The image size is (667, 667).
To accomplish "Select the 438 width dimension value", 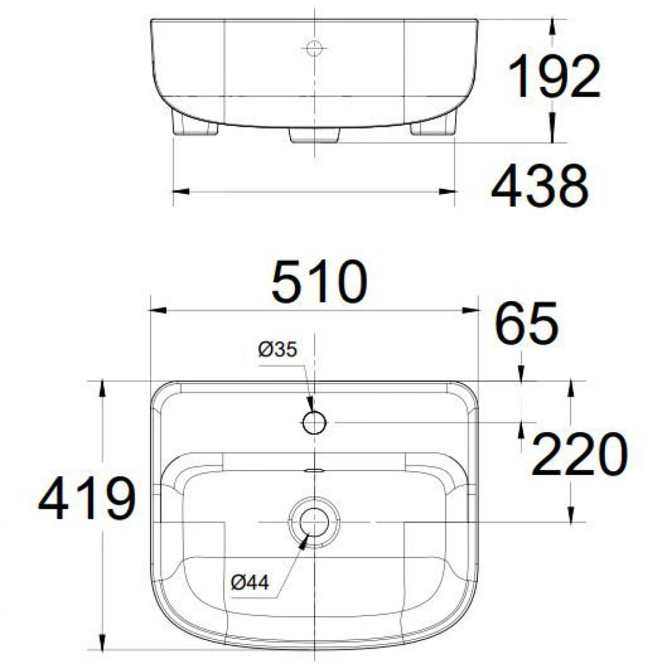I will [540, 186].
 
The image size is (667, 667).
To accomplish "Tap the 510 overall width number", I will [319, 281].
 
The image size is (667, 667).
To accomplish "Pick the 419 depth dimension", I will [86, 500].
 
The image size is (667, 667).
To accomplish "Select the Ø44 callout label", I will [250, 583].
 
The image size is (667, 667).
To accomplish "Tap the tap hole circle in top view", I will [315, 422].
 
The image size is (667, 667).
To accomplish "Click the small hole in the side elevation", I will [314, 47].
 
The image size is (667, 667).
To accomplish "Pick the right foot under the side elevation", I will [433, 127].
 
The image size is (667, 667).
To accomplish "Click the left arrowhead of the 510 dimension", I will [158, 311].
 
